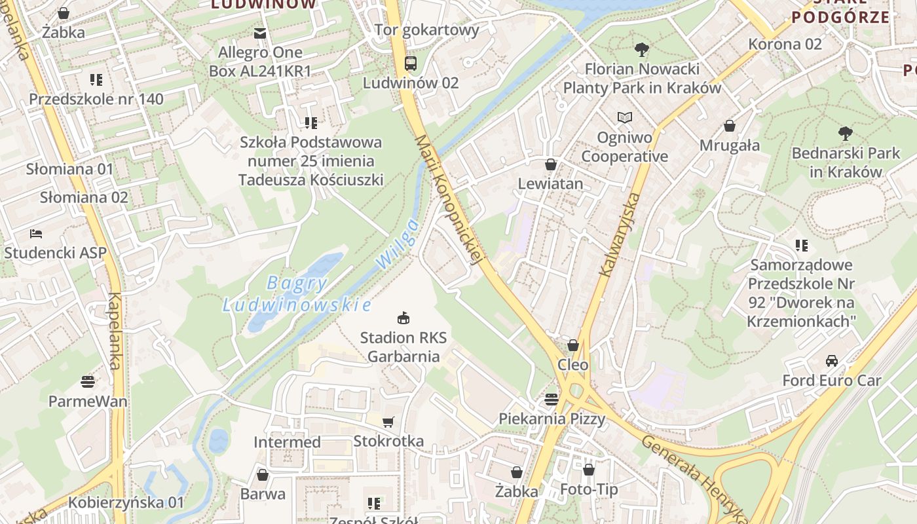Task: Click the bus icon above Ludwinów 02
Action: click(411, 64)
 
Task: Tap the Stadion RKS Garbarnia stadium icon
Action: click(403, 318)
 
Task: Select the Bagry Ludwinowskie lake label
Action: click(297, 294)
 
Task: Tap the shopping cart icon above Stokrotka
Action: click(388, 422)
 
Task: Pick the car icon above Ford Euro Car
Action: click(832, 361)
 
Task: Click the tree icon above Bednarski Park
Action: click(846, 134)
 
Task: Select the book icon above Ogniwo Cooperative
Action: click(625, 118)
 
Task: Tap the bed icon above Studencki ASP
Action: click(36, 233)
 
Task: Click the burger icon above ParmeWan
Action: click(88, 381)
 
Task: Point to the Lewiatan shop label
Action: click(550, 183)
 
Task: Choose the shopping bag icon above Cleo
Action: click(573, 345)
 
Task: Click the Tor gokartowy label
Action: click(427, 29)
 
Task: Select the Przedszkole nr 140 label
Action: click(96, 99)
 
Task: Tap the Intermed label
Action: click(287, 442)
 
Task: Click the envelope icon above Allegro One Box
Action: click(261, 33)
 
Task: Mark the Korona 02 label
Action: click(785, 44)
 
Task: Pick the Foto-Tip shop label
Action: click(589, 489)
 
